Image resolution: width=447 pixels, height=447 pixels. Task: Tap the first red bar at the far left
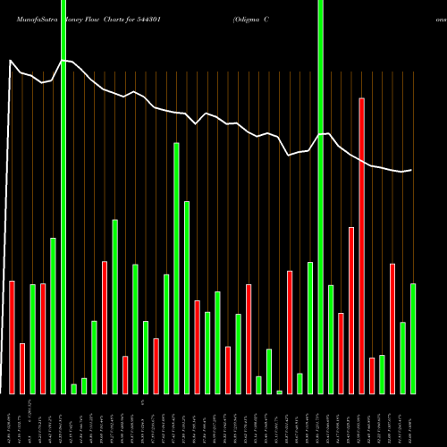[x=13, y=337]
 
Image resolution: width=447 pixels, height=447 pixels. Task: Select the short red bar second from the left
[x=22, y=368]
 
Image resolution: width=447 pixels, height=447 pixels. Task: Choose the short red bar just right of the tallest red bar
[x=372, y=375]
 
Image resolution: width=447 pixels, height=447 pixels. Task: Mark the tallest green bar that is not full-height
[x=176, y=268]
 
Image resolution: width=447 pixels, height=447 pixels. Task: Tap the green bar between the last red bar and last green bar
[x=403, y=358]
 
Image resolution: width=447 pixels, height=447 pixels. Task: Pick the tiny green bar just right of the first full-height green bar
[x=73, y=388]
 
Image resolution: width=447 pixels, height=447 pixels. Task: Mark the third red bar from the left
[x=43, y=338]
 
